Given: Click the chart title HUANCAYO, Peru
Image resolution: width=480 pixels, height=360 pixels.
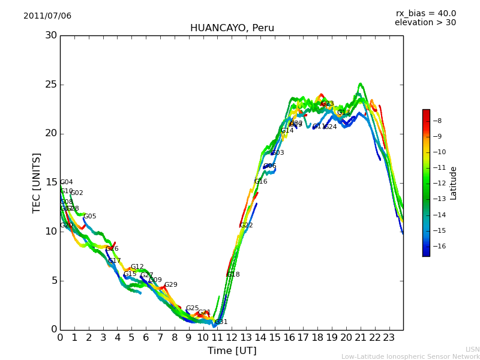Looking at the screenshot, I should point(232,28).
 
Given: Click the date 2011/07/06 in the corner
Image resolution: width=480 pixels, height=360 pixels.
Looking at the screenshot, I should point(47,16).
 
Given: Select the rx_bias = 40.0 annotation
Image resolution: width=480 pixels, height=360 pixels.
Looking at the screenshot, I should point(425,13).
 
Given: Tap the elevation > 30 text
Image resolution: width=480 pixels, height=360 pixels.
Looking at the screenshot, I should point(425,23).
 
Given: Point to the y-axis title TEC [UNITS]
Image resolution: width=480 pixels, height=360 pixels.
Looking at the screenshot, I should point(37,182).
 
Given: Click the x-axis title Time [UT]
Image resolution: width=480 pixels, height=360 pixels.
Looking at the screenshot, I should point(232,351).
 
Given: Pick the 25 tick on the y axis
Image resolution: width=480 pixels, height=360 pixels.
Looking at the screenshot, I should point(51,85).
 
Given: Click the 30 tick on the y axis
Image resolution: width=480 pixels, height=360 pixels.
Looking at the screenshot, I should point(51,35).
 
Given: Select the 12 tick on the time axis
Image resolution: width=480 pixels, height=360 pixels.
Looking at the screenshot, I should point(232,338).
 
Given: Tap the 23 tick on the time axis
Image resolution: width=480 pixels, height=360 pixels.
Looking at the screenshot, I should point(389,338).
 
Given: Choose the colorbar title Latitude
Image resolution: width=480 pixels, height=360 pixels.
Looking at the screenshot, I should point(454,183).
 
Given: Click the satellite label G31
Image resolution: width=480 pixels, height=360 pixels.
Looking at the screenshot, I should point(221,322).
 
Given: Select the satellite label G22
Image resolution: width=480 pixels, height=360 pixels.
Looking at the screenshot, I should point(247,226).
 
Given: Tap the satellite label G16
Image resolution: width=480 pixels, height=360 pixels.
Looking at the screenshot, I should point(261,182).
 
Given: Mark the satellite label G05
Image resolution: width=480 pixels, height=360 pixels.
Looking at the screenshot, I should point(89,217).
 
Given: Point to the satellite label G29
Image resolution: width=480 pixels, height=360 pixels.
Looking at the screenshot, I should point(171,285).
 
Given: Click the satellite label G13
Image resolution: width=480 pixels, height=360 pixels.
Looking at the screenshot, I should point(343,112).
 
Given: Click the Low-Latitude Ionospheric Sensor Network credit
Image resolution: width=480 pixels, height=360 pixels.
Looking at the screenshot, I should point(410,357).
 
